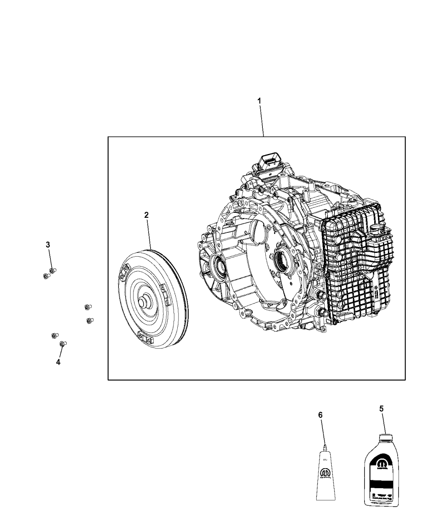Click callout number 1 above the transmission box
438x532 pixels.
coord(259,101)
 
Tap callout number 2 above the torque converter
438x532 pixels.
coord(146,215)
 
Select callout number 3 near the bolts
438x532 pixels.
coord(48,245)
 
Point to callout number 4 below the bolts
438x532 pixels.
coord(58,362)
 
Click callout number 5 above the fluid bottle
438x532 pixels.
coord(381,409)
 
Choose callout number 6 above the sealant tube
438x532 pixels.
coord(320,415)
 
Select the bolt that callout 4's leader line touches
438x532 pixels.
coord(63,344)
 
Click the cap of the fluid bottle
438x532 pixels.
coord(385,438)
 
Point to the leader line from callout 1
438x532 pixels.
coord(262,121)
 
